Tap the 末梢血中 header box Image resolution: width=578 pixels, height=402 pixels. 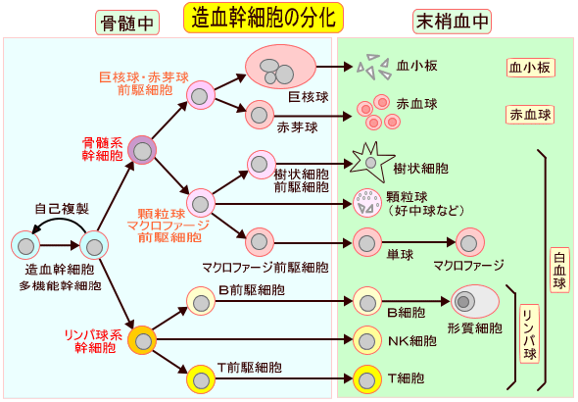(x=452, y=23)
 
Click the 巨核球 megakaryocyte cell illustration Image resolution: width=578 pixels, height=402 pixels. (x=279, y=68)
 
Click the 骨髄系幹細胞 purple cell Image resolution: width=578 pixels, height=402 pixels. (x=143, y=150)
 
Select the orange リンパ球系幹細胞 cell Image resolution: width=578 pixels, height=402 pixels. (x=143, y=340)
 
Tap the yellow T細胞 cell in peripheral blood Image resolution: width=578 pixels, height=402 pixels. (x=367, y=377)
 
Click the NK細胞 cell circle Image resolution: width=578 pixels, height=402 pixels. (x=367, y=340)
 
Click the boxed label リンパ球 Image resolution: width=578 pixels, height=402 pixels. (x=528, y=333)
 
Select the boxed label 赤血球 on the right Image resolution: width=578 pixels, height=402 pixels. (x=530, y=115)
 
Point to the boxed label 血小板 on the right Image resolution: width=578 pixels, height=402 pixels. (x=530, y=68)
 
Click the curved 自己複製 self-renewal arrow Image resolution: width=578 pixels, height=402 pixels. (x=60, y=224)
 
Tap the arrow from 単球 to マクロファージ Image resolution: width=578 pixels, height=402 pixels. (x=419, y=241)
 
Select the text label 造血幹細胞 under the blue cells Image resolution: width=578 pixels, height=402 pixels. (x=60, y=270)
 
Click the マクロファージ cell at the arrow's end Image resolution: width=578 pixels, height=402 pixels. (x=470, y=241)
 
